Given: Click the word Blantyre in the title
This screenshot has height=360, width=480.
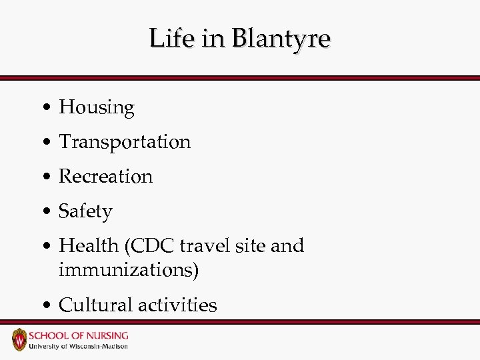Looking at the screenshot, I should pos(280,39).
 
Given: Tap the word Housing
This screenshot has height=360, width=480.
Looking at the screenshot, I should pos(97,107).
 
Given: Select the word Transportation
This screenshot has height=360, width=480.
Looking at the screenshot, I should pos(125,141).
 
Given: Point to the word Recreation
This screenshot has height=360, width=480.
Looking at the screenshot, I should pos(106,176).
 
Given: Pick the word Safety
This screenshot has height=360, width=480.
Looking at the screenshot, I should pos(85,211).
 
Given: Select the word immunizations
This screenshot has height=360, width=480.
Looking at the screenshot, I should pos(129,270).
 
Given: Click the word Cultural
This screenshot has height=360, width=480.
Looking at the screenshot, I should pos(95,305).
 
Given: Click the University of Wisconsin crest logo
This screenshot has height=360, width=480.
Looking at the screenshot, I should pos(19,339).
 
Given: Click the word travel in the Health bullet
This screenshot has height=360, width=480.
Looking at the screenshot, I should pos(203,245).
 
